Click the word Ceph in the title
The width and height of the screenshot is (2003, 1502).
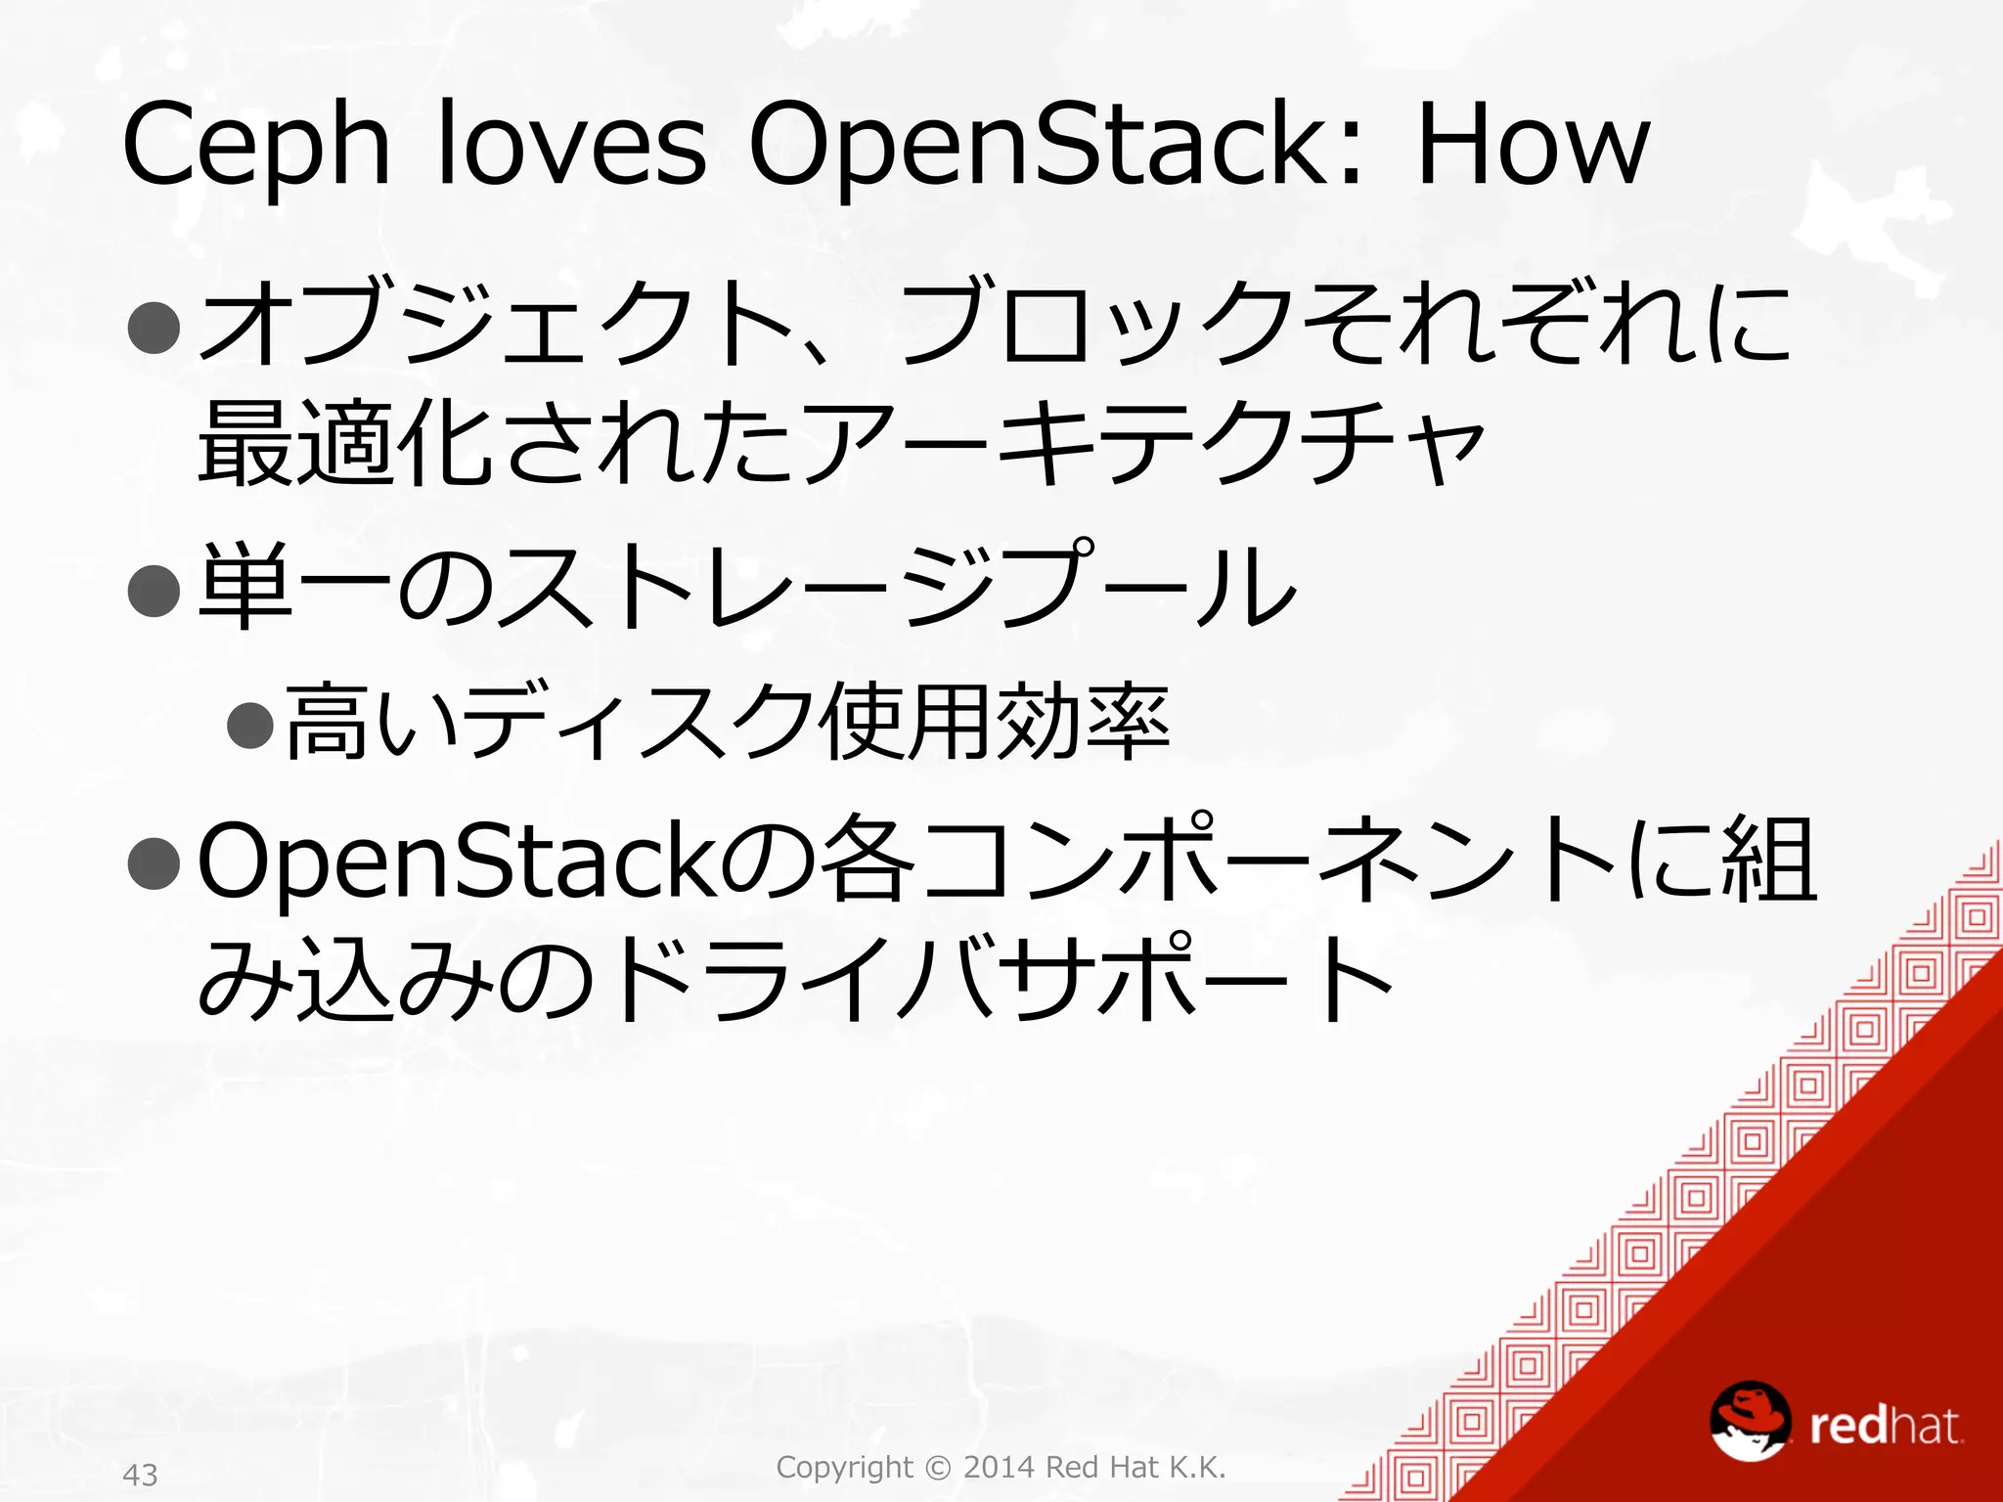click(x=256, y=147)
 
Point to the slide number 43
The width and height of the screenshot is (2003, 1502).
click(x=141, y=1474)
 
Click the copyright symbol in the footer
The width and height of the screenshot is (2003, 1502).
click(x=937, y=1467)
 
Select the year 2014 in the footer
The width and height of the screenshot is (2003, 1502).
click(x=1000, y=1467)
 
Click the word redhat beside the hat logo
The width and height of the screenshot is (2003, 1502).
click(x=1885, y=1426)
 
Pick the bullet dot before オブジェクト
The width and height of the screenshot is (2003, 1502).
click(x=155, y=327)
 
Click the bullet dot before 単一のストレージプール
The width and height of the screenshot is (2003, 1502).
click(x=155, y=590)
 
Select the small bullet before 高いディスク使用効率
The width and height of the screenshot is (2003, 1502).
click(x=249, y=725)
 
